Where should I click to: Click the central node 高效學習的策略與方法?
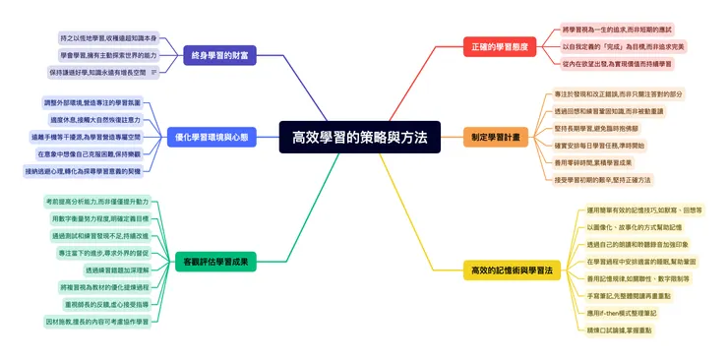[x=359, y=138]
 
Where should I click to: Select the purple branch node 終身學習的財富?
[x=219, y=56]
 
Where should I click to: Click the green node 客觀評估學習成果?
[x=222, y=263]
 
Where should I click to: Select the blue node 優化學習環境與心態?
[x=211, y=137]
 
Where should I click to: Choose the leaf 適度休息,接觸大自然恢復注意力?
[x=93, y=120]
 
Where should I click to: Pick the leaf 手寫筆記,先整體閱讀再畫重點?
[x=629, y=296]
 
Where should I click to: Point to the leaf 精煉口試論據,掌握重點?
[x=619, y=330]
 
